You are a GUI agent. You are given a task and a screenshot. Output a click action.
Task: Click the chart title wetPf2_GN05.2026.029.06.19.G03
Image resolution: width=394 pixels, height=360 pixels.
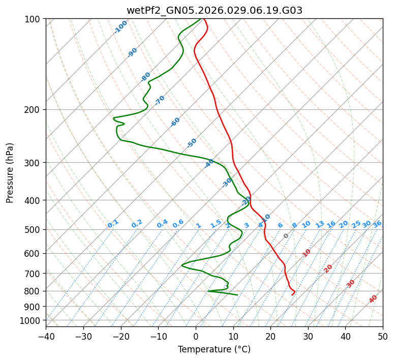214,10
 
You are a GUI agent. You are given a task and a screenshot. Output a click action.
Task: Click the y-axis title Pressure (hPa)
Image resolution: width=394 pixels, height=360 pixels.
10,173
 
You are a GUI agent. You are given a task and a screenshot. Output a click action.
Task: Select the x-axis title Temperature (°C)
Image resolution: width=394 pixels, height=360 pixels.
214,349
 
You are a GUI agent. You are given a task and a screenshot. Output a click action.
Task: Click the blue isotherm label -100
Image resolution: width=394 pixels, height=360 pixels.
120,27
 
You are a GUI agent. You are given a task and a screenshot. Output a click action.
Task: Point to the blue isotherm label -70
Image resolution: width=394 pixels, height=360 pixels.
160,100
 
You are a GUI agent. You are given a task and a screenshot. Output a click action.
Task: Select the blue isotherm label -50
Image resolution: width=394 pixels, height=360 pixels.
192,143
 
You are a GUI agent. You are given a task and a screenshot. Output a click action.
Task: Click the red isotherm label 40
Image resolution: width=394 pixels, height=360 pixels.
373,299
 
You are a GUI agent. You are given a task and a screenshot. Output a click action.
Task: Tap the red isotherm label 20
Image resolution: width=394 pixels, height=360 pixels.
328,268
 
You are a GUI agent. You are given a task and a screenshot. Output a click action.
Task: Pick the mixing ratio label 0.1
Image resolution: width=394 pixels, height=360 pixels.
113,224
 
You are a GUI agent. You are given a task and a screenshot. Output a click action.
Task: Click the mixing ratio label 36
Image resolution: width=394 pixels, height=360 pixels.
377,224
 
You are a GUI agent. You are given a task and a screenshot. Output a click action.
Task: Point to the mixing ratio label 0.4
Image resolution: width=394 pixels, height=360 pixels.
162,224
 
